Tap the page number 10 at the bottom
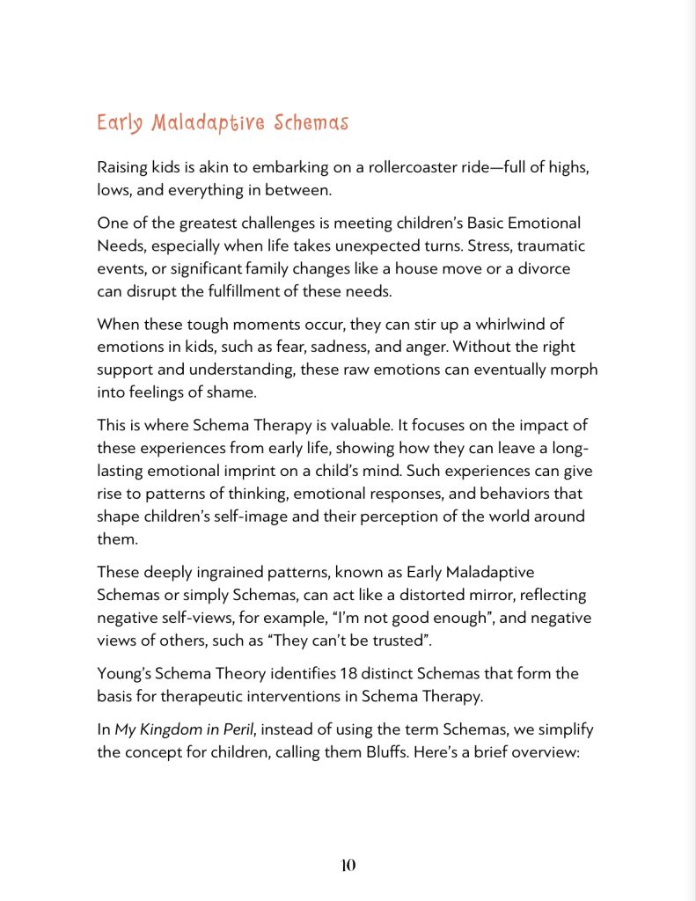348,865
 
